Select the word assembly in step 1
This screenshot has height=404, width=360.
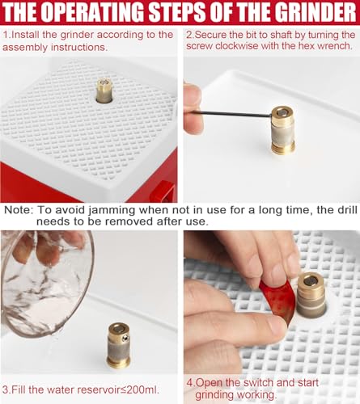[x=25, y=48]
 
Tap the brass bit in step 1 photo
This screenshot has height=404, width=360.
[x=104, y=90]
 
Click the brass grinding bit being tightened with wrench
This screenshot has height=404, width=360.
[x=282, y=130]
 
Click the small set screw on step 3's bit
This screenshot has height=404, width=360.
[x=125, y=338]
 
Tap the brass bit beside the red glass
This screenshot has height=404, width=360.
[x=311, y=296]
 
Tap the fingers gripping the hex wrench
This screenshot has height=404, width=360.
[x=193, y=107]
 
